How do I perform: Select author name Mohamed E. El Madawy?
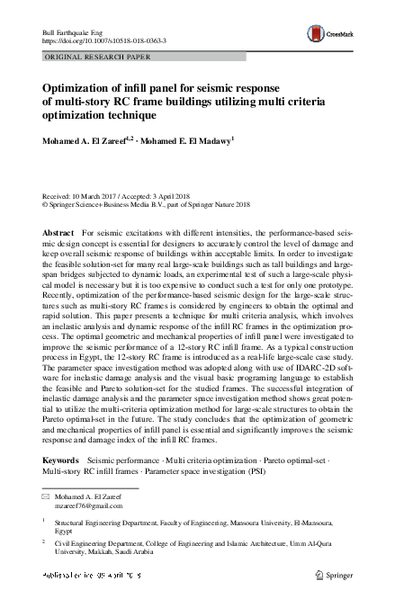click(185, 140)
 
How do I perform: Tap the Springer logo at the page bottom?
click(337, 574)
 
